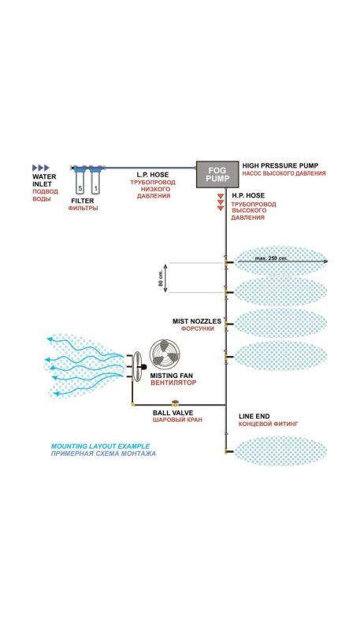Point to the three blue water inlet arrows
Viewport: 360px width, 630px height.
40,168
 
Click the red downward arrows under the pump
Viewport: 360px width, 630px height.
221,203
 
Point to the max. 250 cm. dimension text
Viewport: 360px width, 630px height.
272,257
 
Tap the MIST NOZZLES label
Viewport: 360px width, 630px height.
197,321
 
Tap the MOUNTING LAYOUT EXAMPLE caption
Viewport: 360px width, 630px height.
86,447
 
